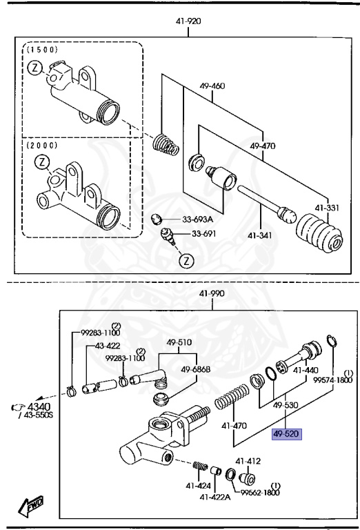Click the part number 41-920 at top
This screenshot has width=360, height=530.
(x=189, y=21)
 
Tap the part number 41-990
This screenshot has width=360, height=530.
(x=212, y=293)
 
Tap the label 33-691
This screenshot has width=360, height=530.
(x=204, y=234)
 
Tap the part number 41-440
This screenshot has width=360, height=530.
(x=306, y=370)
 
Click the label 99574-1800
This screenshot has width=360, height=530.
(x=332, y=380)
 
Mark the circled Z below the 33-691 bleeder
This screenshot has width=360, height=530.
(x=186, y=261)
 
